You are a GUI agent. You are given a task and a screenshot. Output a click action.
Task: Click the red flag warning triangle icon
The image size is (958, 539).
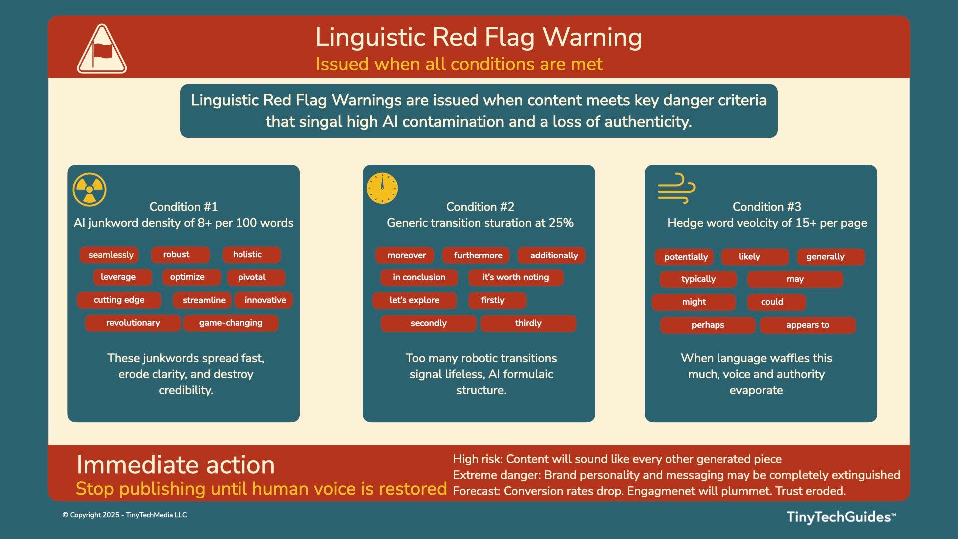pos(102,49)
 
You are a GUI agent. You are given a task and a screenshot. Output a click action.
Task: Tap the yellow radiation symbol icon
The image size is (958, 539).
pos(90,190)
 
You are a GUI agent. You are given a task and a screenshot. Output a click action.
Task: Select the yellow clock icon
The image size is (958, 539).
pos(382,188)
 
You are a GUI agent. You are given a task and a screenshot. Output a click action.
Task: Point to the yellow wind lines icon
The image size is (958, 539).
pos(677,188)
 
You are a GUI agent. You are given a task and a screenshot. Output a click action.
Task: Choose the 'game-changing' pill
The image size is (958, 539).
pos(231,323)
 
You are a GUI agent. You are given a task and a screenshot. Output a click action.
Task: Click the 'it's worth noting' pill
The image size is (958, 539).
pos(516,277)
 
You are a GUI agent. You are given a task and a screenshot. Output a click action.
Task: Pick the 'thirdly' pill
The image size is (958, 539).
pos(528,323)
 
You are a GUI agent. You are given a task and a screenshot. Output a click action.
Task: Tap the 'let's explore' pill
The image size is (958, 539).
pos(415,300)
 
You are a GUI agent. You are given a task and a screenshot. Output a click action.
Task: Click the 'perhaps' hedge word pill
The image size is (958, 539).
pos(708,325)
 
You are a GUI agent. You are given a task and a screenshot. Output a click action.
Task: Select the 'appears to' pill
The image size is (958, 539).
pos(808,325)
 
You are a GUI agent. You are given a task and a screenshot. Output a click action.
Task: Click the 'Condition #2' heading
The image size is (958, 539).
pos(480,207)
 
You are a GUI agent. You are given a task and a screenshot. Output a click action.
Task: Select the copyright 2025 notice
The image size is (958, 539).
pos(125,515)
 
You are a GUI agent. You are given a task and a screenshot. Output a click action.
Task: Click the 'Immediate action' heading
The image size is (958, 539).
pos(176,465)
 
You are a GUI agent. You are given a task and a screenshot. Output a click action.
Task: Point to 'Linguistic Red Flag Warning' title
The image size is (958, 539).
pos(479,37)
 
